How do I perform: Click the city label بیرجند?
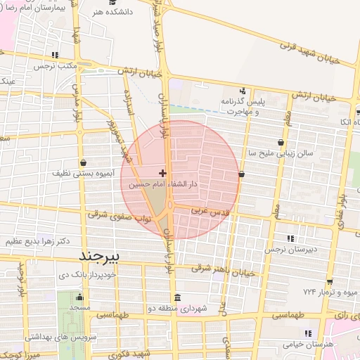[103, 253]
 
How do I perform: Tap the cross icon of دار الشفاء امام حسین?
[163, 173]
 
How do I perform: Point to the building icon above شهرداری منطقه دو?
[176, 297]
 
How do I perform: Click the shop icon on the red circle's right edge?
[242, 174]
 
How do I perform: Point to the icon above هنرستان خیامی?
[306, 333]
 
